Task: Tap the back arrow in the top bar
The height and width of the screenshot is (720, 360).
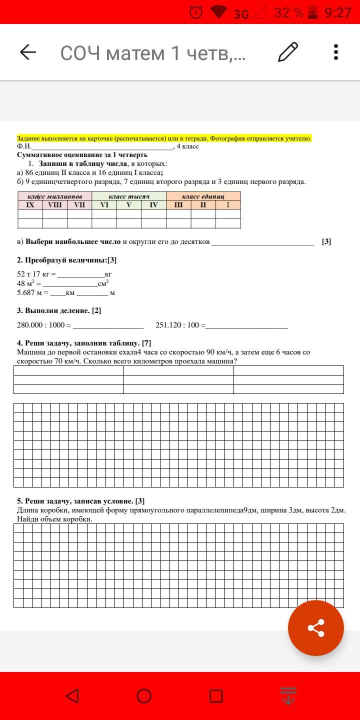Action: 28,52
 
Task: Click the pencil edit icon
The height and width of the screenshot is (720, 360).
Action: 288,52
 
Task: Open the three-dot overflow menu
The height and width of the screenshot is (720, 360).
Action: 336,52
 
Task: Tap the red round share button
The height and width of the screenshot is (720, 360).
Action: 315,628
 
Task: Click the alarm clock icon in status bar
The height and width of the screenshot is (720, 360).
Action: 196,12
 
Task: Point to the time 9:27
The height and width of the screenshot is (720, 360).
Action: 338,12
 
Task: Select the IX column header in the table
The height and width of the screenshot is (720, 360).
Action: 30,205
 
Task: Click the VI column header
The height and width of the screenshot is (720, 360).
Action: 104,205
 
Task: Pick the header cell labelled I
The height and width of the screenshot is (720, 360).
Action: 228,205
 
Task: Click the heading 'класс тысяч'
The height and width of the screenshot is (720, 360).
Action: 129,196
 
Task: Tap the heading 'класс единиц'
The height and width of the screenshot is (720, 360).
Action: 203,196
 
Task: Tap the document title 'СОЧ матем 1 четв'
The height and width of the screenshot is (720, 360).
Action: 153,52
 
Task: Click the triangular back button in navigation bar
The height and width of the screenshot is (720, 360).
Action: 72,696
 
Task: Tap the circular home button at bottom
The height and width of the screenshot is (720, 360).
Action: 144,696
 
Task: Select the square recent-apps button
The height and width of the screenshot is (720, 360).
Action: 216,696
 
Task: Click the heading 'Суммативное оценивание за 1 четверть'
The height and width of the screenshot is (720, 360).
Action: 82,155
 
